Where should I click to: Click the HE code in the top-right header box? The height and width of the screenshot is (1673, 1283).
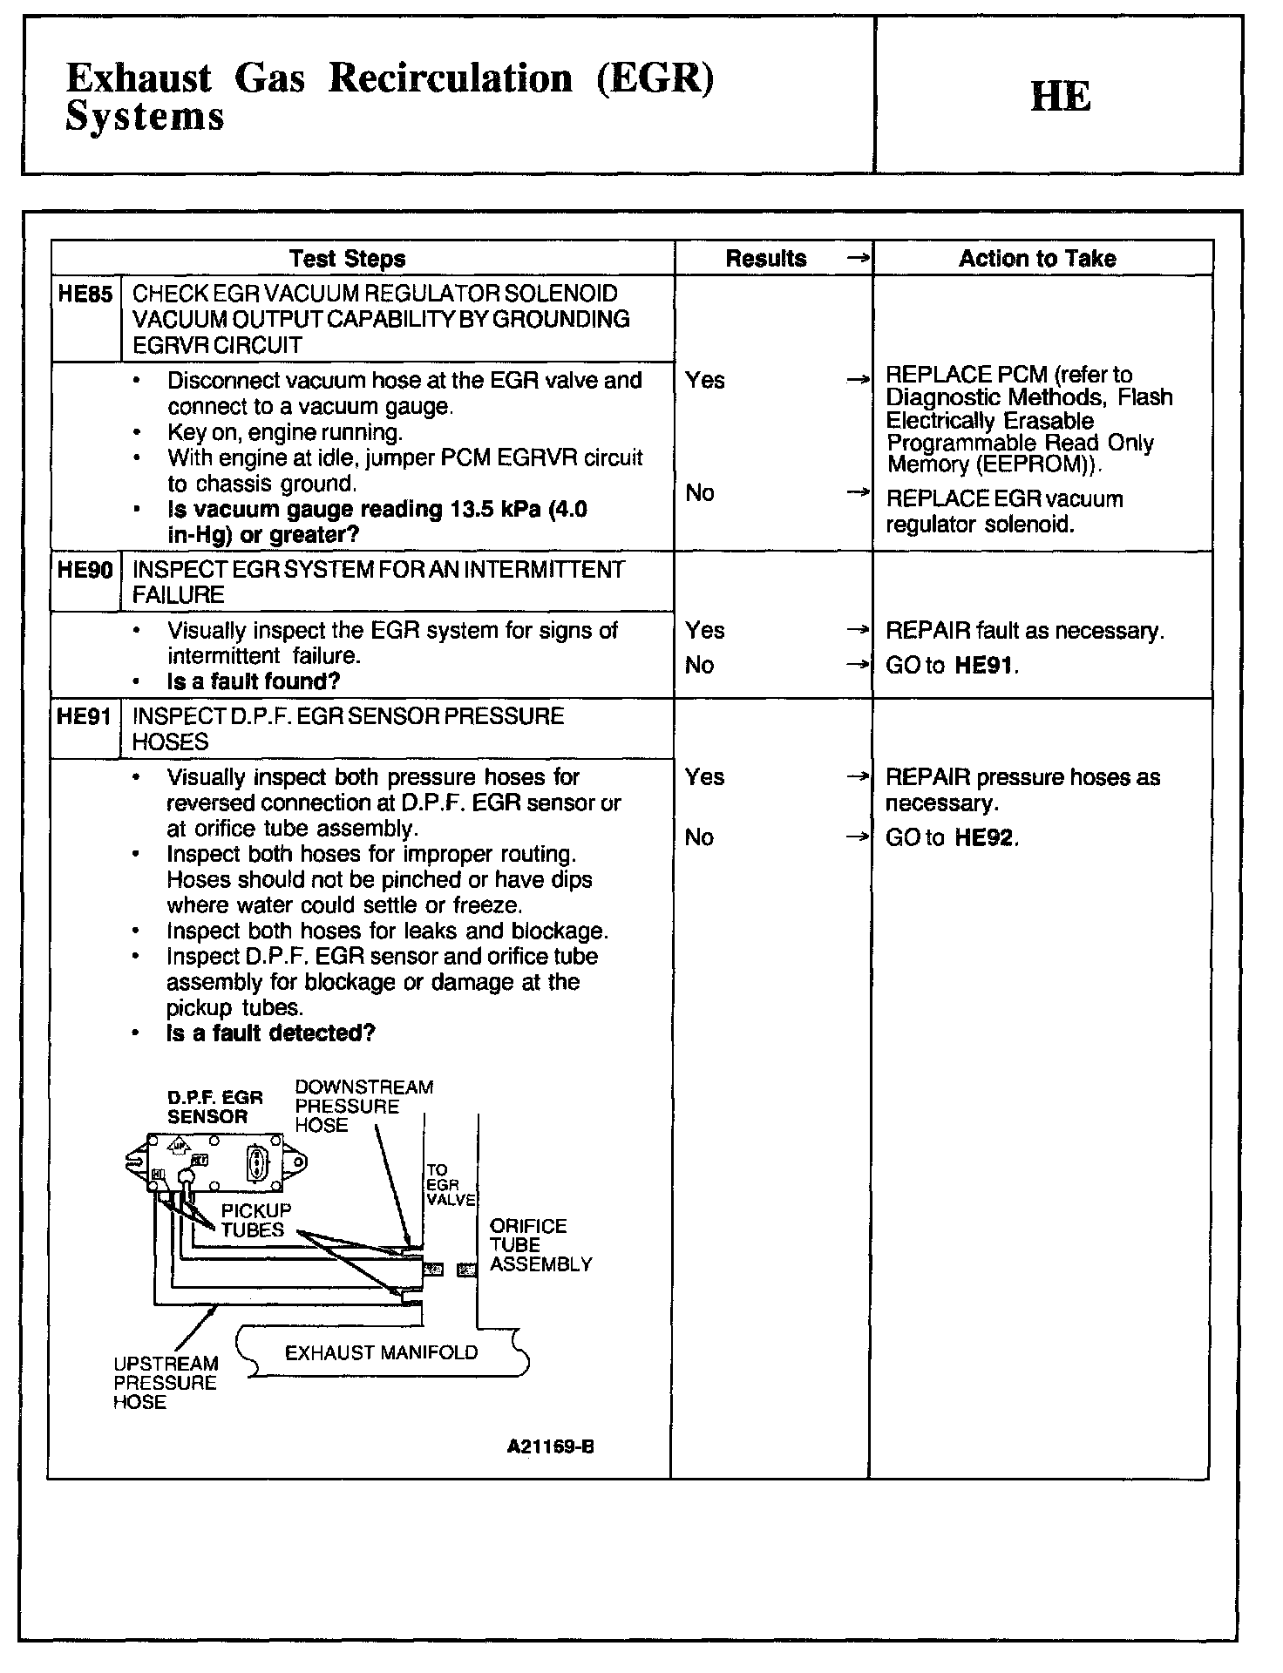[x=1060, y=97]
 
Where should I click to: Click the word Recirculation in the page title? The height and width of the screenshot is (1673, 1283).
[x=451, y=79]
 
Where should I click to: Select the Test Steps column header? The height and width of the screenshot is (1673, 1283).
[x=347, y=259]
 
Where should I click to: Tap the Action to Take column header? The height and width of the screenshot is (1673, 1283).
[x=1037, y=259]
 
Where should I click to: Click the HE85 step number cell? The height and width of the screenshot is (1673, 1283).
[x=85, y=295]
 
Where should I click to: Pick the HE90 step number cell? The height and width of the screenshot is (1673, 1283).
[x=85, y=571]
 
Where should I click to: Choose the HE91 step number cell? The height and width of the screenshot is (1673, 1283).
[x=84, y=717]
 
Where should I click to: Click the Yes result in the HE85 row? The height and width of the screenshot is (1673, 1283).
[x=704, y=381]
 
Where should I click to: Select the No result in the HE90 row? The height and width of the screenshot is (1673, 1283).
[x=699, y=666]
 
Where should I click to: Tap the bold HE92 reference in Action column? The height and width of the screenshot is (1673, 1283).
[x=985, y=838]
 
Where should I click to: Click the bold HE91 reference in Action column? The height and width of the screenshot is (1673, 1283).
[x=985, y=667]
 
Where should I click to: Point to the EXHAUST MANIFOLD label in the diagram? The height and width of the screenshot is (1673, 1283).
[x=381, y=1352]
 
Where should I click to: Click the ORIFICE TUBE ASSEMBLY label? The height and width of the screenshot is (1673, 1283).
[x=540, y=1245]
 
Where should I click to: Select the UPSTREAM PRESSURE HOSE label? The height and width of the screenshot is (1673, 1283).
[x=165, y=1383]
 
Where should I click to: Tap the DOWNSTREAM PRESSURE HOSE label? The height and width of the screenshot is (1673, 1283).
[x=363, y=1106]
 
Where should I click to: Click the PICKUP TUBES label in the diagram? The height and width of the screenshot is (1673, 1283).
[x=255, y=1220]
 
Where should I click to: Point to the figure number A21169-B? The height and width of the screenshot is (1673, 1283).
[x=550, y=1447]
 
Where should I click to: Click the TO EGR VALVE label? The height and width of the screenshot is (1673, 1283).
[x=450, y=1185]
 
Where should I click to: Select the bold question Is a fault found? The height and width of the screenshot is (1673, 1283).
[x=253, y=681]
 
